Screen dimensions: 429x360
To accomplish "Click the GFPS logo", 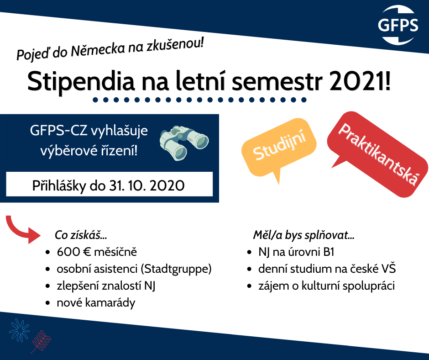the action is (x=398, y=25).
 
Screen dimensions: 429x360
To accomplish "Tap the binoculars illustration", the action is (x=184, y=143).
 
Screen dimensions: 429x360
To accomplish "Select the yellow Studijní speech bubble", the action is (x=279, y=148).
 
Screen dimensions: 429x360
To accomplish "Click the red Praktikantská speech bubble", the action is (x=378, y=154).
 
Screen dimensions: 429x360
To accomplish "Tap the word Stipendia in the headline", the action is (x=81, y=82).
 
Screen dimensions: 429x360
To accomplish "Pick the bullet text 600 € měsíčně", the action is (x=97, y=252).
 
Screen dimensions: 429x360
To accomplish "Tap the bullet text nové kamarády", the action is (x=96, y=303).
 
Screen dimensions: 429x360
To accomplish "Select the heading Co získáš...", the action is (x=81, y=235).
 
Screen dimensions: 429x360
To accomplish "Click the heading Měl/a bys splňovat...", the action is (x=303, y=235).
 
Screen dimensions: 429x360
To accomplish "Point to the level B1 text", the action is (x=329, y=252).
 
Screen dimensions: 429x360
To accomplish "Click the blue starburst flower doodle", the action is (x=19, y=330).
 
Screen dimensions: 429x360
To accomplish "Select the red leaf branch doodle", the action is (x=41, y=342).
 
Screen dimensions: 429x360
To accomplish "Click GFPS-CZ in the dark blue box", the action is (x=58, y=131).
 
